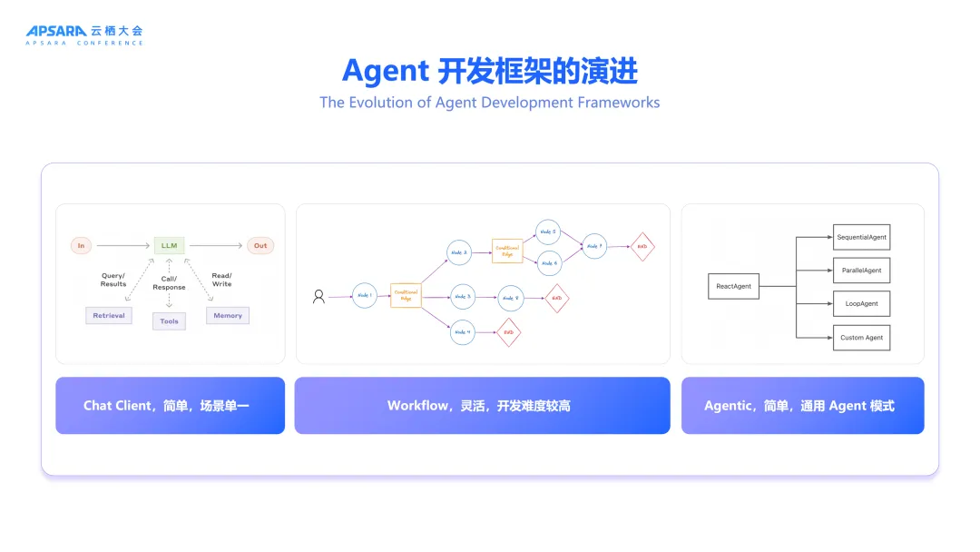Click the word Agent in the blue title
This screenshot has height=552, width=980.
[x=385, y=70]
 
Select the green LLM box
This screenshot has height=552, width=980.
[x=169, y=245]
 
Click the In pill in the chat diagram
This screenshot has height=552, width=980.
[x=82, y=245]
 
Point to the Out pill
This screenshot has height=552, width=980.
[x=260, y=245]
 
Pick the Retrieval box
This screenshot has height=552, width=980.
[x=109, y=315]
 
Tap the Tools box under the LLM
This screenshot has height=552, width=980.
[x=169, y=320]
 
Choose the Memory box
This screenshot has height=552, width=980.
[x=228, y=315]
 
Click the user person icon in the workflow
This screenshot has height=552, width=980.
[x=318, y=296]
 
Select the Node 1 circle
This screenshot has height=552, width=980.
[x=365, y=296]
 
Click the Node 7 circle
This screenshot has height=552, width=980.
[x=594, y=245]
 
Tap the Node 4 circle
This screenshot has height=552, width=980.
[x=462, y=332]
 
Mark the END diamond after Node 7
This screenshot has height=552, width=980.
[x=642, y=246]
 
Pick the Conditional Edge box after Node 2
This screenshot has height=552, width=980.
[x=507, y=251]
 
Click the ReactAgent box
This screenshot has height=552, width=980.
[x=733, y=286]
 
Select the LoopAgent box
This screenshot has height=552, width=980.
[x=861, y=303]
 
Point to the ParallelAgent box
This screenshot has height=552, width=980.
[x=861, y=271]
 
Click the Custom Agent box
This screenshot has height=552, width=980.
[x=861, y=338]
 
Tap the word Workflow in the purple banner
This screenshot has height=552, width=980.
[x=417, y=406]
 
